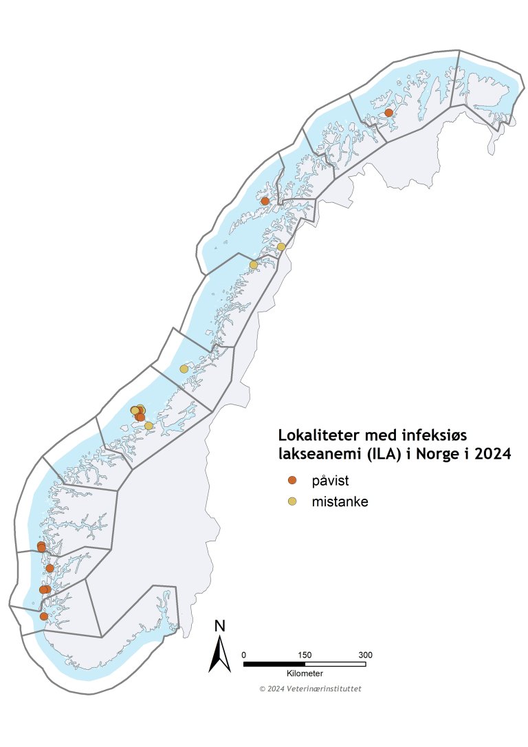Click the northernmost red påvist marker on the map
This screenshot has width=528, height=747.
(388, 112)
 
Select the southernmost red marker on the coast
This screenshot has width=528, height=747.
(44, 616)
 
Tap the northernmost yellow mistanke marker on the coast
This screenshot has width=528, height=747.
(281, 247)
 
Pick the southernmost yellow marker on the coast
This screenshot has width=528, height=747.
(148, 426)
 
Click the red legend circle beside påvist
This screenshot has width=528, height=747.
(292, 479)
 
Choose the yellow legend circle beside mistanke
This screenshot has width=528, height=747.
(292, 501)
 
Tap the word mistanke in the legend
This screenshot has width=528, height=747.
(340, 501)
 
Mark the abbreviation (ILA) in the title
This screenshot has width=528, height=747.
(371, 454)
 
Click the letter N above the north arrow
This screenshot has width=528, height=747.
(220, 626)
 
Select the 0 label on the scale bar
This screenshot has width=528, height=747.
(245, 654)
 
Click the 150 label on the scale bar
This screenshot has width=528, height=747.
(305, 654)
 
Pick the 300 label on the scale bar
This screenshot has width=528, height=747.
(365, 654)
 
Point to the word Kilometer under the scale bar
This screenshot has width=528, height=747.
(305, 673)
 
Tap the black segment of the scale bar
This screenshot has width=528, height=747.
(274, 664)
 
